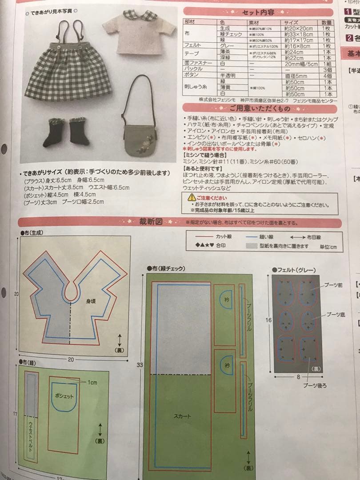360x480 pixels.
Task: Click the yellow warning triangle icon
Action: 191,196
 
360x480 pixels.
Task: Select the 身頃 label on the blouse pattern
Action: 92,301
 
